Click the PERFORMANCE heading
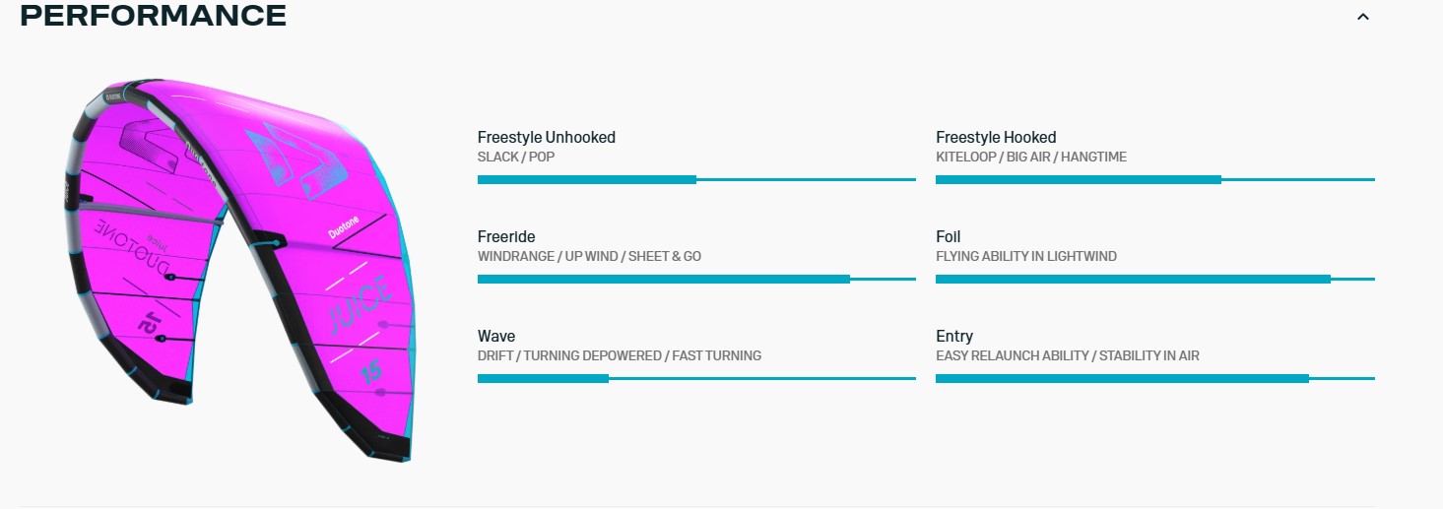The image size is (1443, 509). click(x=154, y=16)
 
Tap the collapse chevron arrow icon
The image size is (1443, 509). click(x=1363, y=18)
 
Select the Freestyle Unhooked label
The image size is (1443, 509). click(x=547, y=137)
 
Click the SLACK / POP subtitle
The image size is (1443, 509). click(x=516, y=158)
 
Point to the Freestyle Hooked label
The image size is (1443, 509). click(x=996, y=137)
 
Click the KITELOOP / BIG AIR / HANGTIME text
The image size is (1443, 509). click(x=1031, y=158)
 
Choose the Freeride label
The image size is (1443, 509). click(x=506, y=236)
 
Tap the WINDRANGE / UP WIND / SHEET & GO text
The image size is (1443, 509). click(x=589, y=256)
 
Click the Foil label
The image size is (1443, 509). click(x=949, y=236)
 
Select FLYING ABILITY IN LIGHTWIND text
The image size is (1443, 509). click(x=1026, y=256)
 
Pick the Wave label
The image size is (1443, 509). click(x=496, y=336)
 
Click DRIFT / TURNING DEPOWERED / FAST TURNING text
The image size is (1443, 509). click(x=620, y=355)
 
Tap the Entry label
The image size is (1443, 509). click(x=954, y=336)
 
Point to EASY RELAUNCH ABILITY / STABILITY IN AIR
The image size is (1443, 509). click(x=1068, y=355)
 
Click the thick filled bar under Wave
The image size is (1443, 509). click(x=543, y=379)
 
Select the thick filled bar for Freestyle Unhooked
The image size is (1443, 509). click(x=587, y=180)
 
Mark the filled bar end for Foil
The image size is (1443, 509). click(x=1331, y=279)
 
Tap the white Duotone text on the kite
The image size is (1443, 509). click(x=344, y=227)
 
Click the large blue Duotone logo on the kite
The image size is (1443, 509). click(x=297, y=159)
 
